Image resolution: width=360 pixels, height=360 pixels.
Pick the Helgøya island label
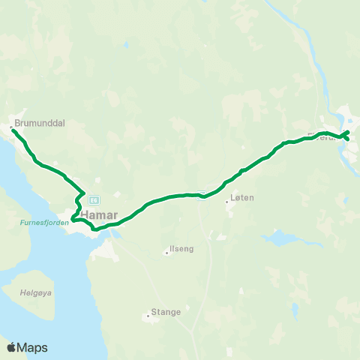tap(37, 293)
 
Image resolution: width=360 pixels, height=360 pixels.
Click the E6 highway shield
tap(94, 199)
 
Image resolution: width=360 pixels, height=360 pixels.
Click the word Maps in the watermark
tap(34, 347)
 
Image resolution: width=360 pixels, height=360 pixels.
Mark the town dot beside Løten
tap(227, 202)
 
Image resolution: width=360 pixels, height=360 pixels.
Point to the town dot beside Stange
tap(148, 315)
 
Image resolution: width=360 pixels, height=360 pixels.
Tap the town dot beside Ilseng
tap(166, 253)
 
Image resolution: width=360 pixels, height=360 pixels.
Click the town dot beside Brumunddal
tap(10, 127)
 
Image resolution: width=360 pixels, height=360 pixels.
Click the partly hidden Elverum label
tap(322, 137)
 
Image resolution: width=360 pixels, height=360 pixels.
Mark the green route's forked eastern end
tap(346, 135)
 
